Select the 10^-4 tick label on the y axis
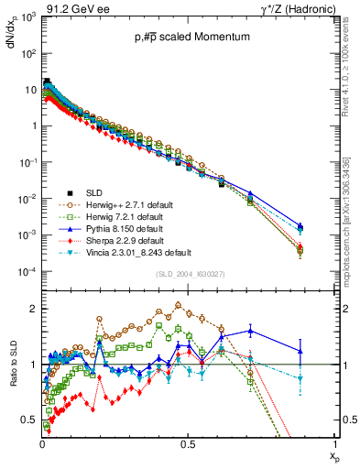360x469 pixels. [27, 272]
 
